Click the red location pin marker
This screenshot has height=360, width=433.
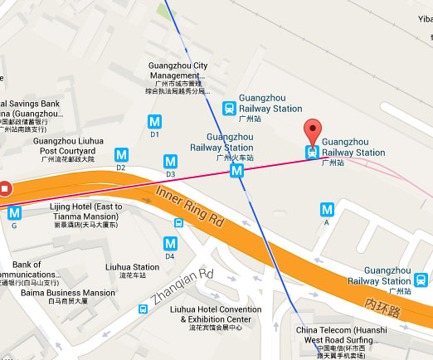click(312, 131)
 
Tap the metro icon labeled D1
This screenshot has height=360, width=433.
click(154, 121)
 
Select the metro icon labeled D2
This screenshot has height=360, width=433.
click(121, 154)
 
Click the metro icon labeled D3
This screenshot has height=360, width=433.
click(171, 161)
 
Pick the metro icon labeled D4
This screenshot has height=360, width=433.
click(170, 243)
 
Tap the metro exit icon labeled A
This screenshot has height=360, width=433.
click(327, 210)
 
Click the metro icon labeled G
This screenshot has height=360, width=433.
click(14, 212)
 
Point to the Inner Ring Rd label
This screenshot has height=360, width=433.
click(191, 208)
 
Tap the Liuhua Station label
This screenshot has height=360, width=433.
click(133, 268)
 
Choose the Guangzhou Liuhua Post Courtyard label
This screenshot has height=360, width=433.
click(71, 146)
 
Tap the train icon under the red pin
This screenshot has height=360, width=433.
click(312, 152)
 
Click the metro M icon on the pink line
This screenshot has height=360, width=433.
click(237, 170)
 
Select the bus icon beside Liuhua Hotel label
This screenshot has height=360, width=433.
click(144, 309)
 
